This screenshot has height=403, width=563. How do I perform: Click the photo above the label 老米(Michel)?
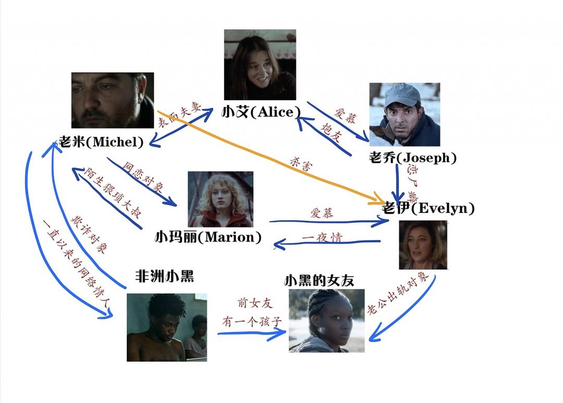point(113,100)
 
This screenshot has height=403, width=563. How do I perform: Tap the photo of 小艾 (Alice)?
point(260,65)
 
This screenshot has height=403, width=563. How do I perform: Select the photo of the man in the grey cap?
point(405,115)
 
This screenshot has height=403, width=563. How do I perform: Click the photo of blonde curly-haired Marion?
point(221,199)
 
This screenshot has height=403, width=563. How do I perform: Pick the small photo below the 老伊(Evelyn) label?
point(423,245)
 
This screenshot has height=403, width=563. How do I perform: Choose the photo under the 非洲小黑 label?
point(167,327)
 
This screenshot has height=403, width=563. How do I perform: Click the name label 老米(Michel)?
point(102,141)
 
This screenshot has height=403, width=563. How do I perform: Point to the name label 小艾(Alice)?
point(261,111)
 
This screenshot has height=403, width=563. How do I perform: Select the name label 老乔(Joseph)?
point(412,157)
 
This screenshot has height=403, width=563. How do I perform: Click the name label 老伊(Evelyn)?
point(429,208)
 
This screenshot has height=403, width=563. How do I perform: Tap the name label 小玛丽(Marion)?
point(208,237)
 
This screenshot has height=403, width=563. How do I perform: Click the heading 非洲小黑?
point(164,276)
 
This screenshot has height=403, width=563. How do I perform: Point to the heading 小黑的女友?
point(319,281)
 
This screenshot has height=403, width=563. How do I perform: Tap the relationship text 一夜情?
point(322,238)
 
